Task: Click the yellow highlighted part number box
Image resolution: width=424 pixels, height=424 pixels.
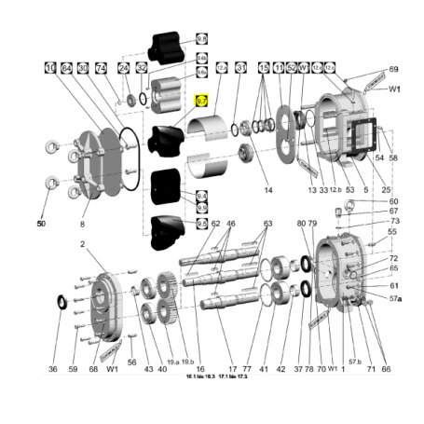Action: point(200,101)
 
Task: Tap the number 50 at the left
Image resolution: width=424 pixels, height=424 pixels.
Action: point(41,224)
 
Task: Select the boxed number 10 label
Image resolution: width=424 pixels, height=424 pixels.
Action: point(49,68)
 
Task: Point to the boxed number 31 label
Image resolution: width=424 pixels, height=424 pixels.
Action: point(240,68)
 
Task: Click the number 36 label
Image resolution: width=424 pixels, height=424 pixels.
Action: point(53,369)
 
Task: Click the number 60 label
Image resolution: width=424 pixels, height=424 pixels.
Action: point(393,201)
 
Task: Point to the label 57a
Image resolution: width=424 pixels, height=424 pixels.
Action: point(395,298)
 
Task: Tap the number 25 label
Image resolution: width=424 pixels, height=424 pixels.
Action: point(386,190)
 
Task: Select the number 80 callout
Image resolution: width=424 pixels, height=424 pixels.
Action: point(301,224)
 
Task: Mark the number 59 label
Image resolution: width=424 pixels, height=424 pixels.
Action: point(73,369)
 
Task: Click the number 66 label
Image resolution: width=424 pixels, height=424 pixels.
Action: point(386,369)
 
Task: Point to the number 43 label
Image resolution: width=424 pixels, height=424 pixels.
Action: point(148,369)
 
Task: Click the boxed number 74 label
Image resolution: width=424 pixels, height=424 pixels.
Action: point(101,68)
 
